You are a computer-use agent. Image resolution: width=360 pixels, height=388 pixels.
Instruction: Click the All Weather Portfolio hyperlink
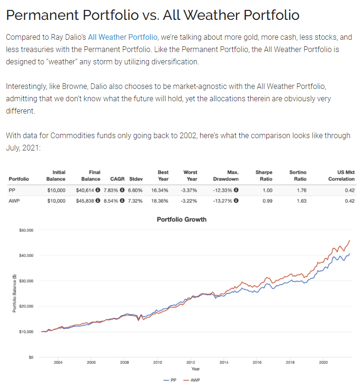click(123, 37)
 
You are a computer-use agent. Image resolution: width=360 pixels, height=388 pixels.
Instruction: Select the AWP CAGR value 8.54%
click(112, 201)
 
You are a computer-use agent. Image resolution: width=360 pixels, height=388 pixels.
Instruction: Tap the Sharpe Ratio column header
click(263, 176)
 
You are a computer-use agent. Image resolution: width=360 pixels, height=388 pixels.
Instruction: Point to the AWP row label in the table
click(14, 201)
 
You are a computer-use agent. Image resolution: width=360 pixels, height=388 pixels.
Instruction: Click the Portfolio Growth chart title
click(182, 220)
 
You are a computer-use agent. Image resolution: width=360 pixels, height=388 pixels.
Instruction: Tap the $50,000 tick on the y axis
click(26, 230)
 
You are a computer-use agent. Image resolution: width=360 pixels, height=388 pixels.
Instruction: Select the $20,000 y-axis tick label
click(26, 306)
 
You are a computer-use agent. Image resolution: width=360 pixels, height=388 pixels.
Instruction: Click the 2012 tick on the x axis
click(191, 362)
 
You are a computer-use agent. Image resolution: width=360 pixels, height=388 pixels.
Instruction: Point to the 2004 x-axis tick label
click(58, 362)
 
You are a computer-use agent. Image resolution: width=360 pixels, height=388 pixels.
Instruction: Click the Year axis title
click(195, 369)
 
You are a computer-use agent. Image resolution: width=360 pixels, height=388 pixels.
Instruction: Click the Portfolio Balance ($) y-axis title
click(15, 293)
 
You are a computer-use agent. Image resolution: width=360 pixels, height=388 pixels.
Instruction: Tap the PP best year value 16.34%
click(160, 190)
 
